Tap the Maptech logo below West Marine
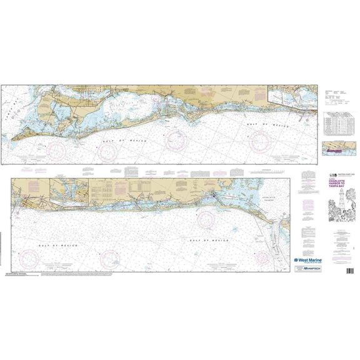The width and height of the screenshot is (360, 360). (308, 267)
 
